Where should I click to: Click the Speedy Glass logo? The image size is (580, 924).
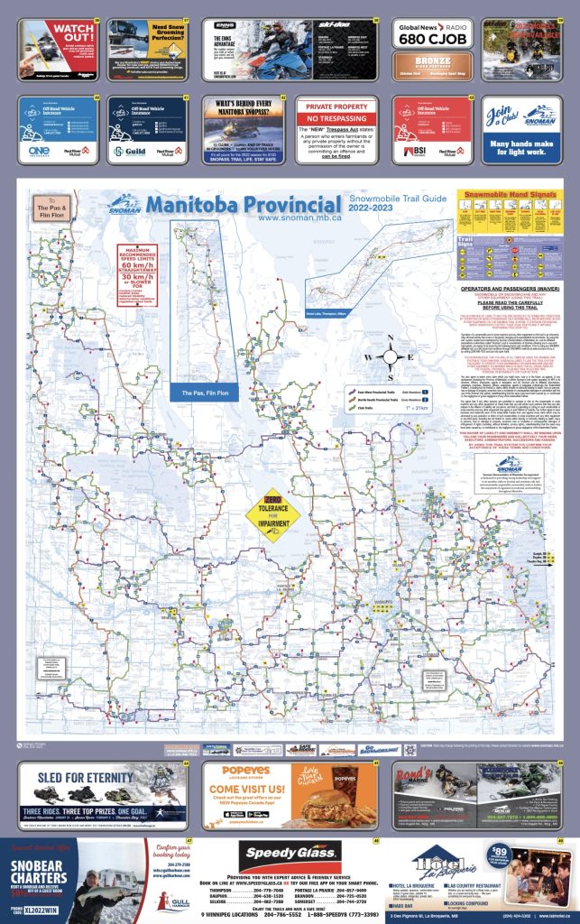pyautogui.click(x=290, y=853)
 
